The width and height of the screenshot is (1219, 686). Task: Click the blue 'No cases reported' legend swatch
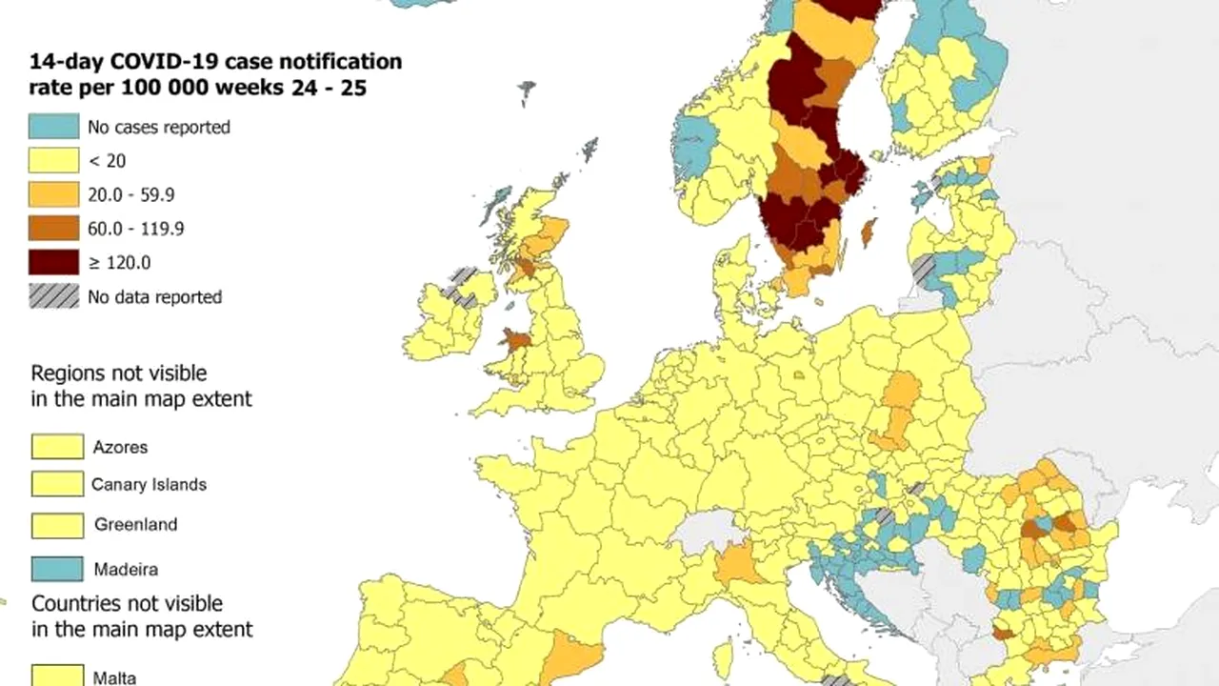54,126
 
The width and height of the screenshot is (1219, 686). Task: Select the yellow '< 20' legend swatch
54,160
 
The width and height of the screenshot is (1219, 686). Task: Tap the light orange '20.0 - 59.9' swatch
54,194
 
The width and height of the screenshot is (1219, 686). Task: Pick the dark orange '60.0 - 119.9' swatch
54,228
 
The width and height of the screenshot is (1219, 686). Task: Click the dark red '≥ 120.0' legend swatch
54,262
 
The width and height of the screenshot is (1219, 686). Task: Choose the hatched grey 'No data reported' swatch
54,296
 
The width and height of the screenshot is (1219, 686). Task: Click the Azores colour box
57,446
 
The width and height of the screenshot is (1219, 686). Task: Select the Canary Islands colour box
57,484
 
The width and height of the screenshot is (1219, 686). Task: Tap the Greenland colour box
57,524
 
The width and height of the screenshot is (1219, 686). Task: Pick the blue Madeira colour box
57,569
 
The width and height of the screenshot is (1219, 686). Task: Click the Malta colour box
57,676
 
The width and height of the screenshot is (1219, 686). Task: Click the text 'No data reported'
154,297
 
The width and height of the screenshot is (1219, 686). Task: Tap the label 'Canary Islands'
149,484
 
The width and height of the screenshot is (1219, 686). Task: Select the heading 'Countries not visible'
127,604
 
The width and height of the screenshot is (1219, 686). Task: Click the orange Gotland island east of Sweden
868,232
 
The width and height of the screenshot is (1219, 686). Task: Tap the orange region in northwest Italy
739,565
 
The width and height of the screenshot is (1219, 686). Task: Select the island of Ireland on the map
448,314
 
